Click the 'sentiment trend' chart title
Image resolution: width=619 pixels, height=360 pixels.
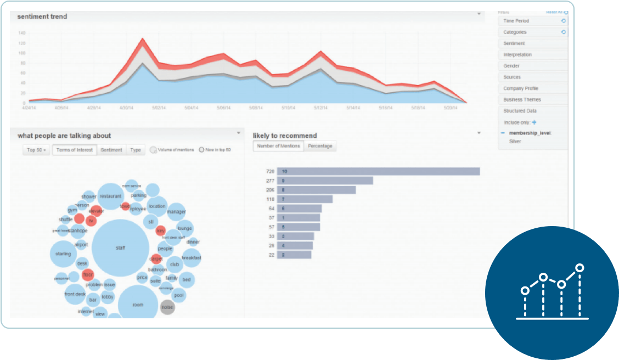(x=42, y=16)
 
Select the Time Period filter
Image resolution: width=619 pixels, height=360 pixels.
(x=516, y=21)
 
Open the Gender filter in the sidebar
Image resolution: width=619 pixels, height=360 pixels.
(x=511, y=66)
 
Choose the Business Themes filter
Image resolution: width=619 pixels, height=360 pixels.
(x=522, y=100)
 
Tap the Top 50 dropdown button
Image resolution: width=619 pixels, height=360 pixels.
(x=36, y=150)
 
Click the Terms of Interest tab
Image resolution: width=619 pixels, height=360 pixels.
(x=74, y=150)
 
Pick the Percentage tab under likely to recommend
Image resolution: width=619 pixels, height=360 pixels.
(x=319, y=146)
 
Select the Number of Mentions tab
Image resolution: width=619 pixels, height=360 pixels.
(x=278, y=146)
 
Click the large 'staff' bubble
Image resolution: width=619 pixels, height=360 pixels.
(x=120, y=248)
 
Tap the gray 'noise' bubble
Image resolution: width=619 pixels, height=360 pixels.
(x=167, y=307)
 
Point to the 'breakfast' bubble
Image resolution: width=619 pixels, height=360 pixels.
(x=191, y=257)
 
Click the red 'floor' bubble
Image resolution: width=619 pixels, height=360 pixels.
(x=88, y=274)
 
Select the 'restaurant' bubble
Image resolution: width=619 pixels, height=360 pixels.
(x=110, y=196)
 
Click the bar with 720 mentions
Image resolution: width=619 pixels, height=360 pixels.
(x=378, y=171)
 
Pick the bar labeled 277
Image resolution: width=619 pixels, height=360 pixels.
(x=325, y=181)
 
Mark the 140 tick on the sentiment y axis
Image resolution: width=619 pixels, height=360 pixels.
(x=22, y=33)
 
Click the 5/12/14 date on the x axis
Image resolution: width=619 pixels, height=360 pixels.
(x=320, y=108)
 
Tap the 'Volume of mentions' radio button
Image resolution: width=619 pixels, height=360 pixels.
(x=153, y=149)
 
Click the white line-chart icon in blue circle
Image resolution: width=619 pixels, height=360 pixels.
(x=552, y=292)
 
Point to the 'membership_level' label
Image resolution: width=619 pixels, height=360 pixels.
(x=530, y=133)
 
